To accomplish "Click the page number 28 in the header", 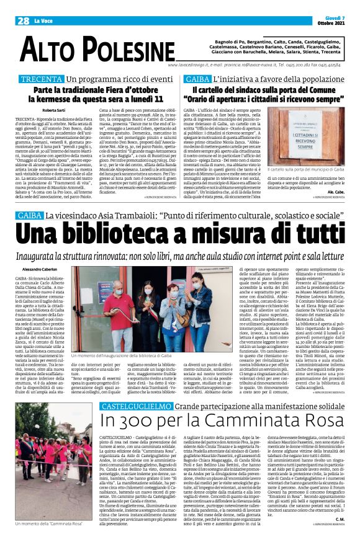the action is (23, 20).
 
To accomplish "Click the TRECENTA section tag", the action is (42, 79).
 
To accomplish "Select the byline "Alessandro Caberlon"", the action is (39, 270).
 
